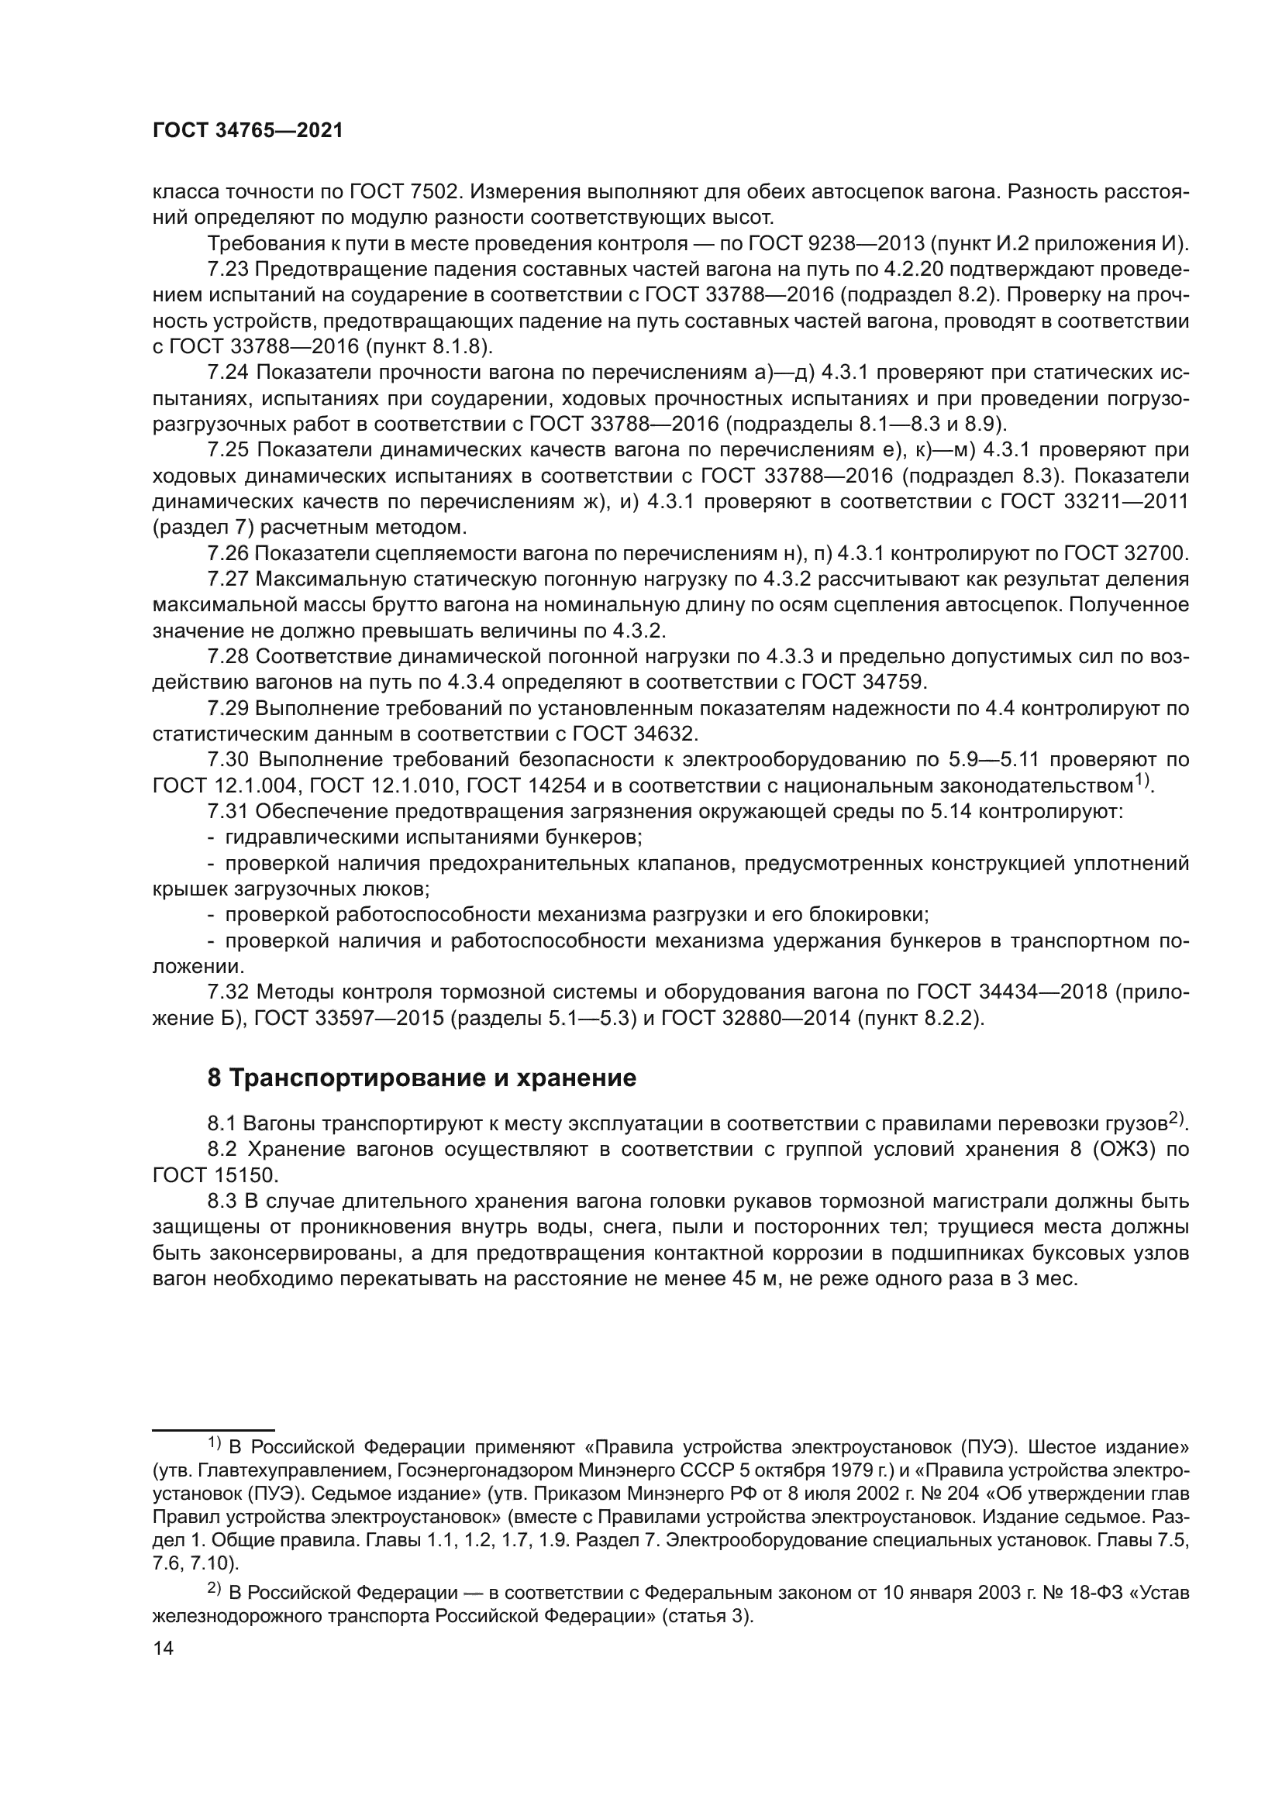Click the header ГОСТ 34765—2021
(248, 131)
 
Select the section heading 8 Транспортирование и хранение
(422, 1078)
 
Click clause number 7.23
(228, 269)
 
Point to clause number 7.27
(228, 579)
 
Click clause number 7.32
(228, 992)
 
